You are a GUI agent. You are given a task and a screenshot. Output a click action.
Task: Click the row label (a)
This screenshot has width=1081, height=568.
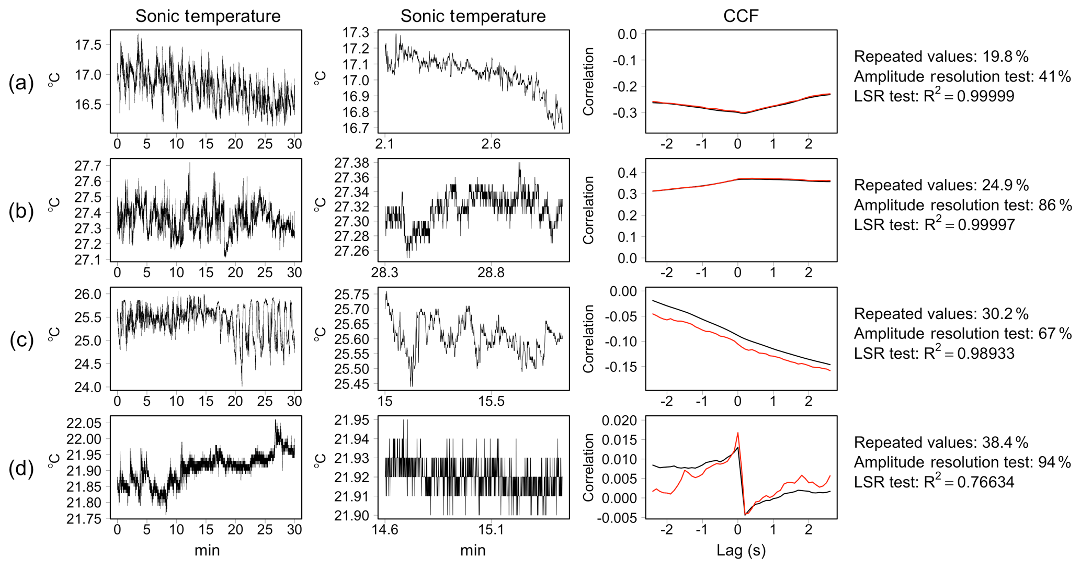tap(21, 83)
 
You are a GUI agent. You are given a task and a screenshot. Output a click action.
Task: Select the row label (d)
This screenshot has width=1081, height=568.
tap(21, 468)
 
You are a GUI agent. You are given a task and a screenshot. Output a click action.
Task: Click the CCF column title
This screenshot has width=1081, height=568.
tap(741, 16)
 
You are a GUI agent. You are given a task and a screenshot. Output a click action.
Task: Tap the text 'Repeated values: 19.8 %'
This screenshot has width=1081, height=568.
tap(941, 56)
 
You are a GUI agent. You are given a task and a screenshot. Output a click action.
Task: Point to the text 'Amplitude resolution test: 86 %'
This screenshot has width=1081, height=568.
tap(962, 205)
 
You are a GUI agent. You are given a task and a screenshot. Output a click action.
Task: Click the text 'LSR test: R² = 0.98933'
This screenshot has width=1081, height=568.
tap(934, 353)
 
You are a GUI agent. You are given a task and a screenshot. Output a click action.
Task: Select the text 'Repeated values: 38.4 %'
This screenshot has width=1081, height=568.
tap(941, 442)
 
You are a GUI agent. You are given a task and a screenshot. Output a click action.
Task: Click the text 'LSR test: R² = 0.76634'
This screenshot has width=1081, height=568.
tap(934, 482)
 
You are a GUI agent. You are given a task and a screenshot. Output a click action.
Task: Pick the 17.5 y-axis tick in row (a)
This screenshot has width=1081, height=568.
tap(88, 45)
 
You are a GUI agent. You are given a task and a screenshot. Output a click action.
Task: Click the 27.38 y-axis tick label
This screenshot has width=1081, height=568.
tap(351, 163)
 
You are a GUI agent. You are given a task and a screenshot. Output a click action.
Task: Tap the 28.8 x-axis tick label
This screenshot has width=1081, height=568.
tap(491, 272)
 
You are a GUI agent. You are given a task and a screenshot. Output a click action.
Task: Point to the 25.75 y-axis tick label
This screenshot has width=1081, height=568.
tap(351, 294)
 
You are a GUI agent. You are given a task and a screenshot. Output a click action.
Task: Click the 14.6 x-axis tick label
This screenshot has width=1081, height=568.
tap(385, 530)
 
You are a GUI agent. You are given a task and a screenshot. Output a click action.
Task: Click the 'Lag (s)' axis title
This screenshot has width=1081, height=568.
tap(741, 550)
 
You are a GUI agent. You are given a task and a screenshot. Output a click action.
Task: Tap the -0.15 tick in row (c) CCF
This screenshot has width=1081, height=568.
tap(621, 367)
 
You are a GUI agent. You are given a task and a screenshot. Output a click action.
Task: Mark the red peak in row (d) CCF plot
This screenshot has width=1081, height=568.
tap(737, 433)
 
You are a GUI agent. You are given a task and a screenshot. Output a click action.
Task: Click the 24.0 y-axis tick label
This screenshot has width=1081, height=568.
tap(88, 387)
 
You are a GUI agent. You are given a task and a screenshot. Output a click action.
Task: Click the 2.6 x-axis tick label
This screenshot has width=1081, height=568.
tap(491, 144)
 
